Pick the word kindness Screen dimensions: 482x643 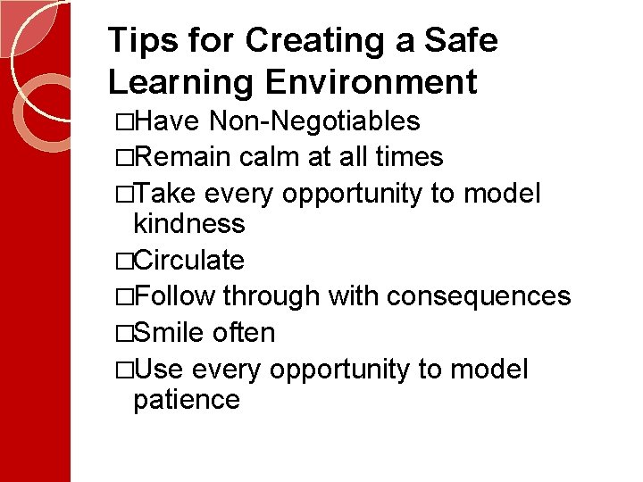188,223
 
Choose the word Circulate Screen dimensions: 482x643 191,261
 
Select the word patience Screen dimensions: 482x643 186,399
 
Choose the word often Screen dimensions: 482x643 244,333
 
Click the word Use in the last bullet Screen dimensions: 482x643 160,370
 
